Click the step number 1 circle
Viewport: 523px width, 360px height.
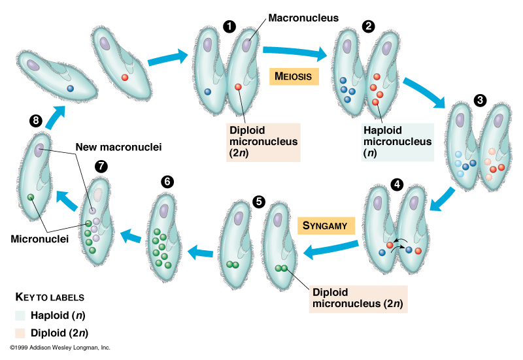point(229,26)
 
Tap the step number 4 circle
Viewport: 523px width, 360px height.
point(397,184)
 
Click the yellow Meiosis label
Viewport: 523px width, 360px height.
point(294,76)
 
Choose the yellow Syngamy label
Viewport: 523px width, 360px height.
point(326,225)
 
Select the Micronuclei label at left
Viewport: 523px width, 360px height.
point(40,238)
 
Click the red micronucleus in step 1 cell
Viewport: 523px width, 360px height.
point(238,87)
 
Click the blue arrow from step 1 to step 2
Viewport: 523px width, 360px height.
point(294,52)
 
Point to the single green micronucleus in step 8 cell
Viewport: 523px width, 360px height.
point(30,197)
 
